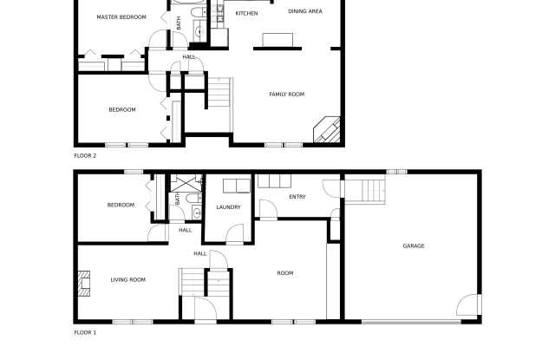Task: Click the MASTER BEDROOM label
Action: (121, 17)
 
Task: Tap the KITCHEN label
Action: (246, 14)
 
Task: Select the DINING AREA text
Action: (305, 11)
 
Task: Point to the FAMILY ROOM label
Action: (287, 95)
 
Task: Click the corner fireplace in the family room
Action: (328, 130)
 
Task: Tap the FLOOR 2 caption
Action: (85, 156)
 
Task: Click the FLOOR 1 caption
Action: (85, 333)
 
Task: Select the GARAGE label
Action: (414, 246)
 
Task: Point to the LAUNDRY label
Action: (228, 207)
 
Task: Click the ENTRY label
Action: (297, 197)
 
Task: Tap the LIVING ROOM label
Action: (128, 280)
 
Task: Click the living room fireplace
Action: (84, 284)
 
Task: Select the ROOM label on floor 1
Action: (285, 273)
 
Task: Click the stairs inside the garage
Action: (365, 192)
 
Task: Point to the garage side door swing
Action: (467, 305)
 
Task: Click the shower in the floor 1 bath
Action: (186, 183)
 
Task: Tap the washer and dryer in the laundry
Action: (237, 186)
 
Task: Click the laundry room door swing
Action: (235, 233)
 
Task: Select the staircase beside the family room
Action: (219, 93)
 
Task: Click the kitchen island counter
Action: (277, 40)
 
